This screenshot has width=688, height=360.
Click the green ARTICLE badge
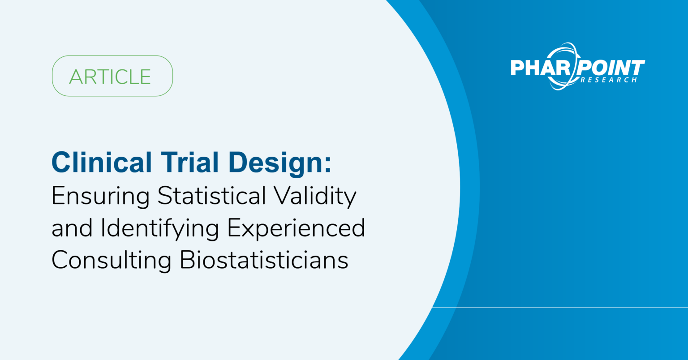click(x=112, y=76)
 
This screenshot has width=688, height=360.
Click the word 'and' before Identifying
click(x=72, y=228)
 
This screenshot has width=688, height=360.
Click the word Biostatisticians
click(x=264, y=260)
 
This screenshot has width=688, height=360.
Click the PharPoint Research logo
click(x=577, y=67)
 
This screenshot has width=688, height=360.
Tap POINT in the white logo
click(x=611, y=68)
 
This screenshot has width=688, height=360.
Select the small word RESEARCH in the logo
click(x=609, y=80)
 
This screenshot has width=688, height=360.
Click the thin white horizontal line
click(x=560, y=308)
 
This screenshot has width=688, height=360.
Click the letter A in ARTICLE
click(x=76, y=77)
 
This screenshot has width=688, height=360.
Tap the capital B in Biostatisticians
click(x=188, y=260)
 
